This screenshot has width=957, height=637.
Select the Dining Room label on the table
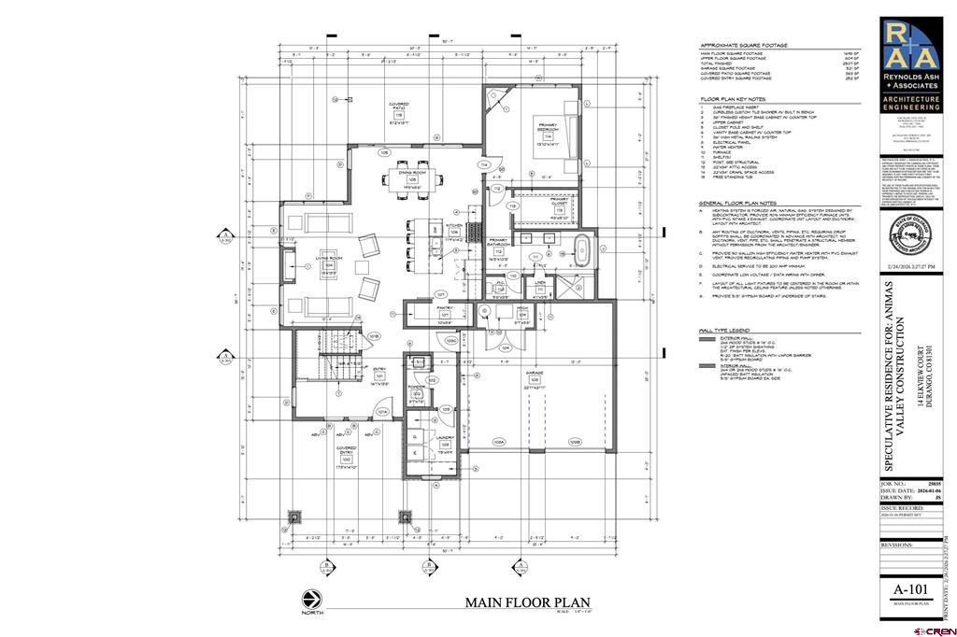click(407, 176)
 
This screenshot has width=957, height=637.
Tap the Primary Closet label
click(559, 204)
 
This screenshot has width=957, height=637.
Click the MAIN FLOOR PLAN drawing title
click(527, 602)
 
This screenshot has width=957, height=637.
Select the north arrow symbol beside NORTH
click(308, 599)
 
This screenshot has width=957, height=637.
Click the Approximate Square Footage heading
click(744, 45)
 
